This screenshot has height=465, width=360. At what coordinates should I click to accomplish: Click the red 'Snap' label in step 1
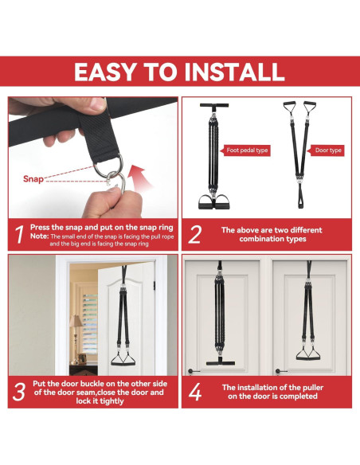33,179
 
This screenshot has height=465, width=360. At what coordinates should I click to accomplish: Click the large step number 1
19,235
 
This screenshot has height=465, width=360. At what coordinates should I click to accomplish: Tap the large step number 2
195,235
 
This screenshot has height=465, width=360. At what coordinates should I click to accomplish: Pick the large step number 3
18,392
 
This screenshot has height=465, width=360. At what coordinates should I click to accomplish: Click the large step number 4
195,392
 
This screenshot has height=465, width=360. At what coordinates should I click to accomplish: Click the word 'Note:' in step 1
40,236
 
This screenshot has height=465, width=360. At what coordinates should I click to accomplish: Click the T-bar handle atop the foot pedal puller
214,105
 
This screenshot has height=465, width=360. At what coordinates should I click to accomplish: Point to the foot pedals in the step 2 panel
213,202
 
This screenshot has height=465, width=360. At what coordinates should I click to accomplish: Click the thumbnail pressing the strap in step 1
97,105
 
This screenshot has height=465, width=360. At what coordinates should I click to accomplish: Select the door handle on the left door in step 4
192,371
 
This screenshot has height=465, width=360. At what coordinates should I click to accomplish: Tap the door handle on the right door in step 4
280,371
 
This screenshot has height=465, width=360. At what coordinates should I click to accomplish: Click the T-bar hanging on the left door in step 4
221,362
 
